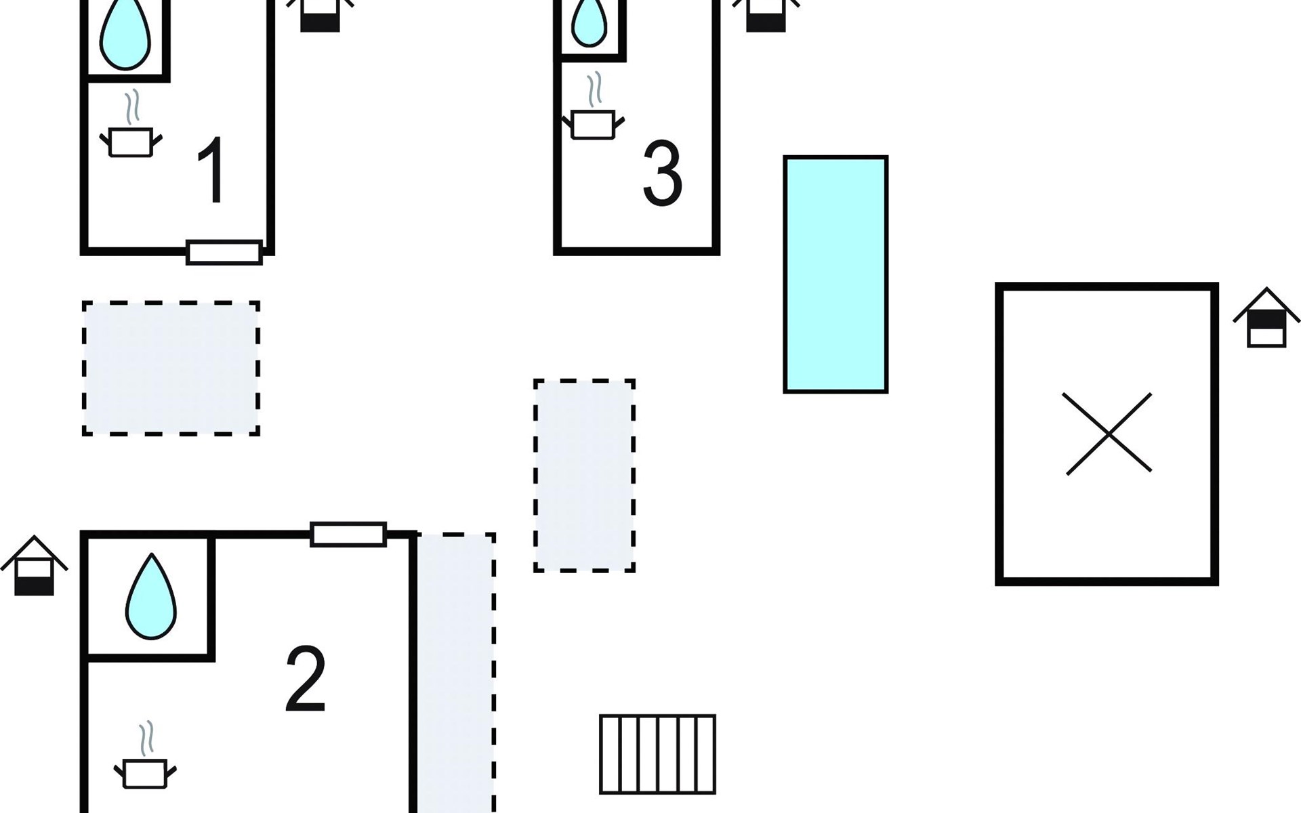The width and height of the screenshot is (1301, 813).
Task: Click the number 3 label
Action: pyautogui.click(x=662, y=173)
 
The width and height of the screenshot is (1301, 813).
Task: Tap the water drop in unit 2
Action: pyautogui.click(x=151, y=596)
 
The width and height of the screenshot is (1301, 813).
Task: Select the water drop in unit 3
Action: pyautogui.click(x=589, y=22)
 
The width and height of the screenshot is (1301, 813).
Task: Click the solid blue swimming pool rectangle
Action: pyautogui.click(x=835, y=274)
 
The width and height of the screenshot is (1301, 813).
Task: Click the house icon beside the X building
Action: pyautogui.click(x=1266, y=318)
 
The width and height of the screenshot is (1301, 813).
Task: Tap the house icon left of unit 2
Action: pyautogui.click(x=34, y=566)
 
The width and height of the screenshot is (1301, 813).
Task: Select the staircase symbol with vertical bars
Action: pyautogui.click(x=657, y=754)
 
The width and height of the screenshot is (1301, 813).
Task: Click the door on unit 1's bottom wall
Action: pyautogui.click(x=224, y=253)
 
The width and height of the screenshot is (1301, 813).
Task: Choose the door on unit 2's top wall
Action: pyautogui.click(x=348, y=535)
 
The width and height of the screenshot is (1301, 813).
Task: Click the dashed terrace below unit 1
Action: pyautogui.click(x=171, y=368)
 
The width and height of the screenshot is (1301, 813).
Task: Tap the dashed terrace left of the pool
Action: pyautogui.click(x=584, y=476)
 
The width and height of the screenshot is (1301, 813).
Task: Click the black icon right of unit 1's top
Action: pyautogui.click(x=320, y=15)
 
